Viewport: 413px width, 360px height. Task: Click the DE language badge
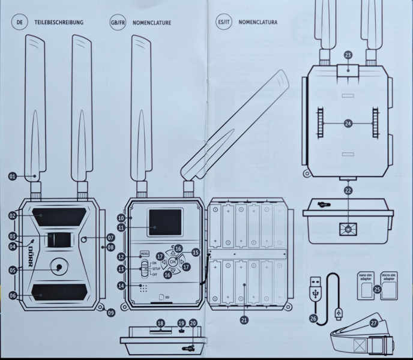tap(19, 22)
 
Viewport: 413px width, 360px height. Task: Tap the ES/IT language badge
tap(224, 22)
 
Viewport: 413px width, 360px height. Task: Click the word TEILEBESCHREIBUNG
tap(58, 23)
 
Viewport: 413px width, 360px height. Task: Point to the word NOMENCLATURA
tap(259, 23)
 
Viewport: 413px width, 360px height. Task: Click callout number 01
tap(12, 176)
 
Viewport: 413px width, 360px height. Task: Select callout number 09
tap(110, 311)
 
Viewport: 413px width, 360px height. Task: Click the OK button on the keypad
tap(173, 262)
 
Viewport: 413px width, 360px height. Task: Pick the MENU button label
tap(144, 254)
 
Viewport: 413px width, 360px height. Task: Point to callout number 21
tap(244, 320)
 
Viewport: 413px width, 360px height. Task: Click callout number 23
tap(348, 54)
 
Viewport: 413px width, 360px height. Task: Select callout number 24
tap(348, 123)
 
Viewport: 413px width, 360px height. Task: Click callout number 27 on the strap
tap(374, 323)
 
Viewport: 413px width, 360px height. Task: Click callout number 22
tap(348, 190)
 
